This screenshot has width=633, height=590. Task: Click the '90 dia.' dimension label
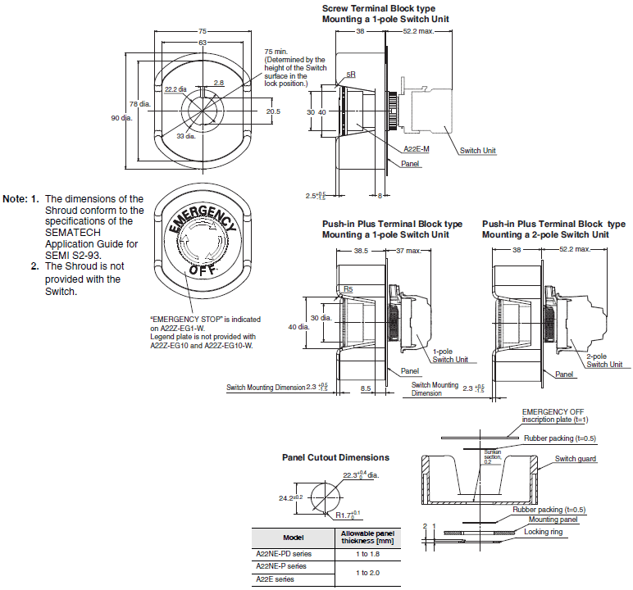[x=122, y=118]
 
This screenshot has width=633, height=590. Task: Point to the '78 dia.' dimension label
[x=139, y=104]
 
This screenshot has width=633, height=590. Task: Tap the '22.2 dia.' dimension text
[x=175, y=88]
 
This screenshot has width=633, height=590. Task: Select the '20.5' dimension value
[x=273, y=111]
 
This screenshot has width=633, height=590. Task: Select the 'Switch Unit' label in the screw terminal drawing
[x=477, y=150]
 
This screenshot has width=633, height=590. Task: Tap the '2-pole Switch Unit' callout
[x=604, y=360]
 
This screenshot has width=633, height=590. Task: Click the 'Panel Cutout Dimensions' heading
[x=335, y=457]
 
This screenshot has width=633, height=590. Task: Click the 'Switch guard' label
[x=576, y=459]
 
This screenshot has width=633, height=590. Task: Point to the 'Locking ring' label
[x=544, y=531]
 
